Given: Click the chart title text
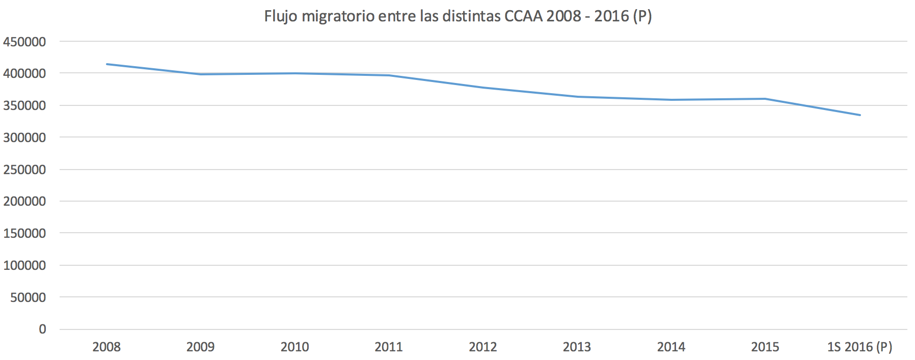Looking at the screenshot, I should (458, 16).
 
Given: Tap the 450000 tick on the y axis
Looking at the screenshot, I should (24, 42).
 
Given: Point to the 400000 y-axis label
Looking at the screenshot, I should (24, 74).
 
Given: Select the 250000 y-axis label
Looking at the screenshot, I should (24, 170).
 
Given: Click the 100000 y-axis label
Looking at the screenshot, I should (24, 265).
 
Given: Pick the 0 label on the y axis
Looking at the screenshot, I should (42, 329).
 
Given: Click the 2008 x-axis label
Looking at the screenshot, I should (106, 347).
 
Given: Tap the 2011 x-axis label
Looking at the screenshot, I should (389, 347).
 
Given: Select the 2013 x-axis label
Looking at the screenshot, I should (577, 347).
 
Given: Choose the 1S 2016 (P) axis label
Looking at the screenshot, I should (859, 347).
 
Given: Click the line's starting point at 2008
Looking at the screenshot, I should (106, 64).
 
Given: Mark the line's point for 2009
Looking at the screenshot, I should (201, 74).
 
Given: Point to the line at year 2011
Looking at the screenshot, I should (389, 75).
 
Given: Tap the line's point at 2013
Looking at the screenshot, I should (577, 97).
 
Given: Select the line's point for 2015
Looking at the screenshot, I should (765, 99).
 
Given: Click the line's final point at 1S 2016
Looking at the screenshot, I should (860, 115).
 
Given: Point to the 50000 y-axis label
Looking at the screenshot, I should (28, 297).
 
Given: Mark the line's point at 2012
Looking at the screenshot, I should (483, 88).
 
